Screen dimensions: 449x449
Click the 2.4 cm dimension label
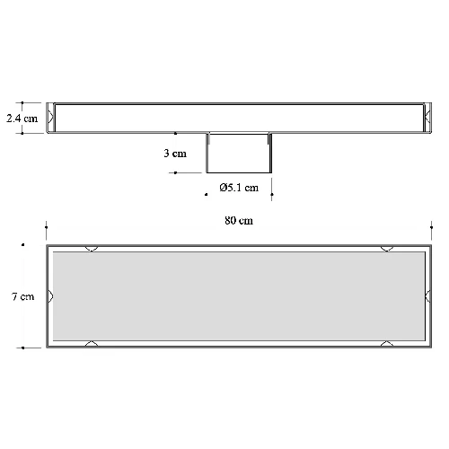(22, 119)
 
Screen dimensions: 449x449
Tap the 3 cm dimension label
(175, 154)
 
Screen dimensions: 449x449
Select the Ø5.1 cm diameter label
(239, 188)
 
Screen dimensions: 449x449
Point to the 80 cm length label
(239, 221)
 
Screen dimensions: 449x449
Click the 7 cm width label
(23, 296)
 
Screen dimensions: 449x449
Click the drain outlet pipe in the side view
(239, 153)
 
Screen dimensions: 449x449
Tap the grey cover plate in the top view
(239, 296)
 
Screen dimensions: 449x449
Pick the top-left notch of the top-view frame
(92, 249)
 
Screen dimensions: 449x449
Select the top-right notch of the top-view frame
(387, 249)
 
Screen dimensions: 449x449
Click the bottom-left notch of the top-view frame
(92, 344)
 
